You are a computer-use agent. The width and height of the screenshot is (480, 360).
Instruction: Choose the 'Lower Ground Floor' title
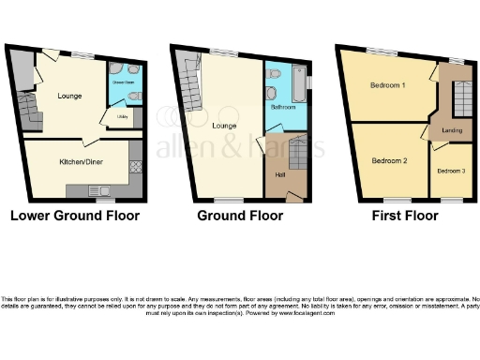(x=74, y=216)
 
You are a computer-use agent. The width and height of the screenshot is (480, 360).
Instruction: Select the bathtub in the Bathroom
(x=298, y=86)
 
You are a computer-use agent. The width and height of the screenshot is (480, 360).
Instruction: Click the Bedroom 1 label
(x=386, y=85)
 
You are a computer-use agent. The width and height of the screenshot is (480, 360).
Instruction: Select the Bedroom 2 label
(x=386, y=160)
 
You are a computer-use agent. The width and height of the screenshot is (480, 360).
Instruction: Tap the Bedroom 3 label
(x=449, y=171)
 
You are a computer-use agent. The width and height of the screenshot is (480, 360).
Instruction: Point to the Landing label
(x=451, y=130)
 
